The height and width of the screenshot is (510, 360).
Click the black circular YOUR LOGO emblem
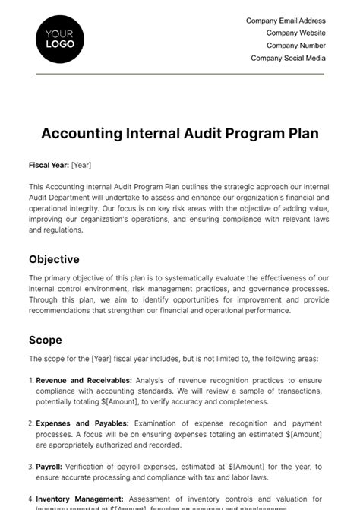point(60,39)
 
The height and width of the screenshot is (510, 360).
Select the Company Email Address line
point(286,21)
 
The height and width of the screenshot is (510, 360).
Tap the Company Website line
point(295,33)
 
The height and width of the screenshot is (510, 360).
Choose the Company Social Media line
point(288,58)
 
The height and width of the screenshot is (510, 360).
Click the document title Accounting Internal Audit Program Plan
point(180,134)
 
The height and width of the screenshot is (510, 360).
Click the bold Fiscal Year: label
point(49,165)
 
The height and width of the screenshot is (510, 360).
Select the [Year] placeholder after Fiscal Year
point(81,165)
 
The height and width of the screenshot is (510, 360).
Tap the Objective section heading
point(55,258)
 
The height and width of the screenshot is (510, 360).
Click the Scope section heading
point(46,340)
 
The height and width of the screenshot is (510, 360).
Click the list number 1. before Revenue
point(31,380)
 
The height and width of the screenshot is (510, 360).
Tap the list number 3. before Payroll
point(31,467)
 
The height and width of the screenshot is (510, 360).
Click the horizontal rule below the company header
point(180,74)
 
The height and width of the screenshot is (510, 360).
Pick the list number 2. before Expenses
point(31,423)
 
